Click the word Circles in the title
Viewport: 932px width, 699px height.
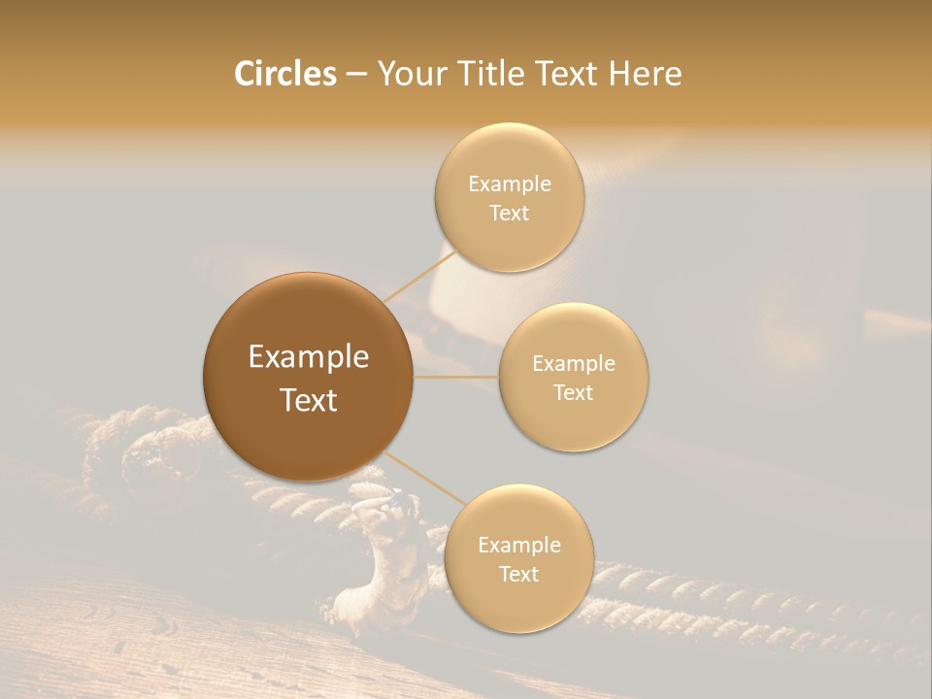pyautogui.click(x=284, y=74)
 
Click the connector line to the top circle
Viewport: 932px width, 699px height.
pyautogui.click(x=419, y=276)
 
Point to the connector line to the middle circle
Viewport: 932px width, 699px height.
pyautogui.click(x=456, y=377)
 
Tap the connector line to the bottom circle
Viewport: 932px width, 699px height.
pyautogui.click(x=424, y=482)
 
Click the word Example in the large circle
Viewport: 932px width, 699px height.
pyautogui.click(x=309, y=357)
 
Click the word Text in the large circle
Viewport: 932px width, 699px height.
pyautogui.click(x=309, y=400)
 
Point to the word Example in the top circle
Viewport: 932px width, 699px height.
pyautogui.click(x=510, y=184)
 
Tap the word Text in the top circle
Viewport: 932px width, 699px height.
pyautogui.click(x=510, y=213)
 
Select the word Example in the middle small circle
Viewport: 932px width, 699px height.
pyautogui.click(x=574, y=364)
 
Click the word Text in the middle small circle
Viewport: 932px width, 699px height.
pyautogui.click(x=574, y=392)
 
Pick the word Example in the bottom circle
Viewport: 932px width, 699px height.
pyautogui.click(x=519, y=546)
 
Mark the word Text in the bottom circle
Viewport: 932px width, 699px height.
pyautogui.click(x=519, y=574)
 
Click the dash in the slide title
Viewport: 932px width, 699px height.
pyautogui.click(x=356, y=75)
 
